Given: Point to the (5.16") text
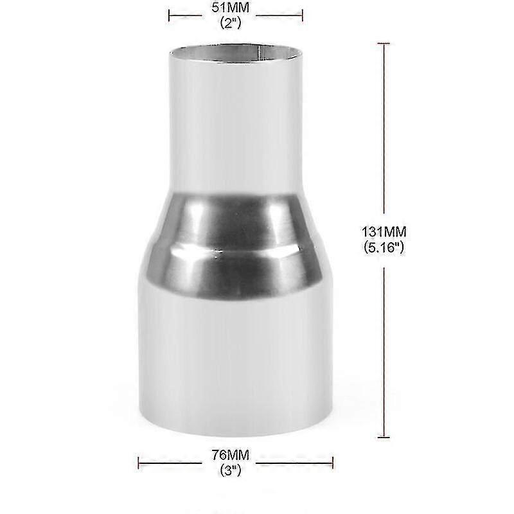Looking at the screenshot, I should [384, 245].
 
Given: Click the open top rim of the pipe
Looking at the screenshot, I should [235, 50].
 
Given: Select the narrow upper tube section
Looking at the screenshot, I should [235, 122].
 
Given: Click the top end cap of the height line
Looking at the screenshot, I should [384, 44].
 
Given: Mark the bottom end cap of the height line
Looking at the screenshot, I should [384, 437].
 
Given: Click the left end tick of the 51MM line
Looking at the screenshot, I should [168, 12].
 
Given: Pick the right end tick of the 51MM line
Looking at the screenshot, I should [302, 12].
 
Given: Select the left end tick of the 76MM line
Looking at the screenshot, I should [139, 461].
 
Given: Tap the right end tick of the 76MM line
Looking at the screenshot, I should [333, 461].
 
